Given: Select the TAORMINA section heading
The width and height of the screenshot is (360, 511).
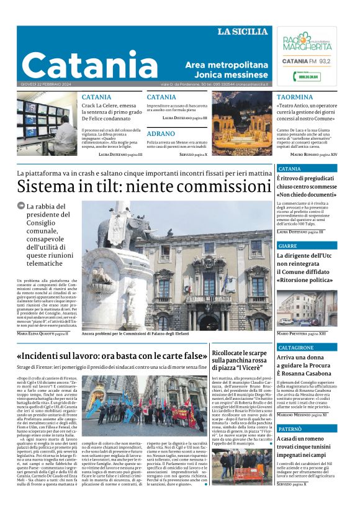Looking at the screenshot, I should click(x=295, y=97).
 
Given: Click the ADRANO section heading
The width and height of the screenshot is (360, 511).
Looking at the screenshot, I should click(x=161, y=133).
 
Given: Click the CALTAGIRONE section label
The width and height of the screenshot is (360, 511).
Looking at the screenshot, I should click(x=295, y=348).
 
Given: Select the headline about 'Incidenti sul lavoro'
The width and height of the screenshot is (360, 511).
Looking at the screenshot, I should click(x=112, y=356).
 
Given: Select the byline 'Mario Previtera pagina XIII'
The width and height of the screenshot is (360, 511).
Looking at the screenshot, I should click(x=302, y=333).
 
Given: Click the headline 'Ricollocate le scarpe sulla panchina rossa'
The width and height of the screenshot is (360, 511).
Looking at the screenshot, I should click(x=240, y=360).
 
